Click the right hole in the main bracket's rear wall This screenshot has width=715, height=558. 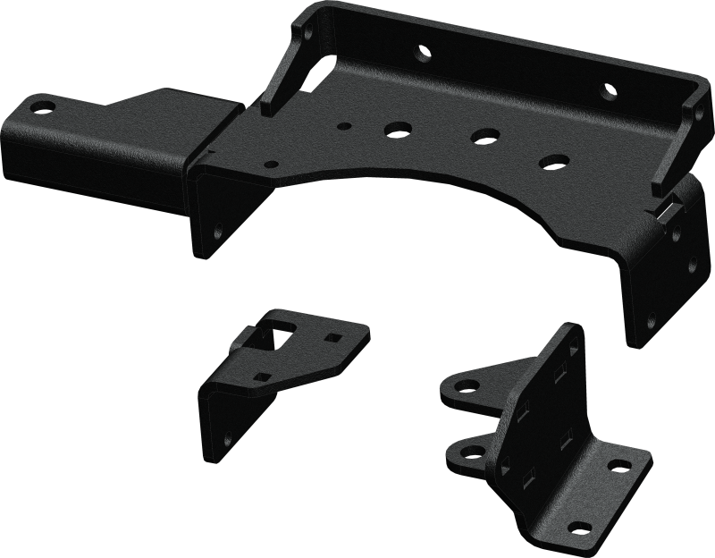(x=608, y=90)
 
